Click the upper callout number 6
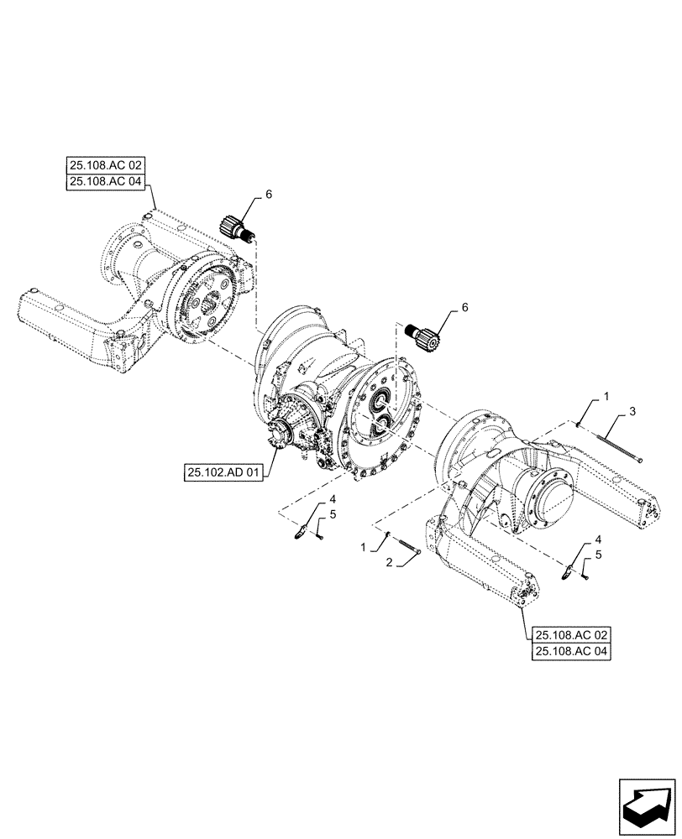coord(269,194)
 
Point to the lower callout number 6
coord(464,309)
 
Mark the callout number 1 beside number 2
coord(363,546)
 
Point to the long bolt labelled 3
coord(610,444)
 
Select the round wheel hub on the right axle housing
coord(550,504)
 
